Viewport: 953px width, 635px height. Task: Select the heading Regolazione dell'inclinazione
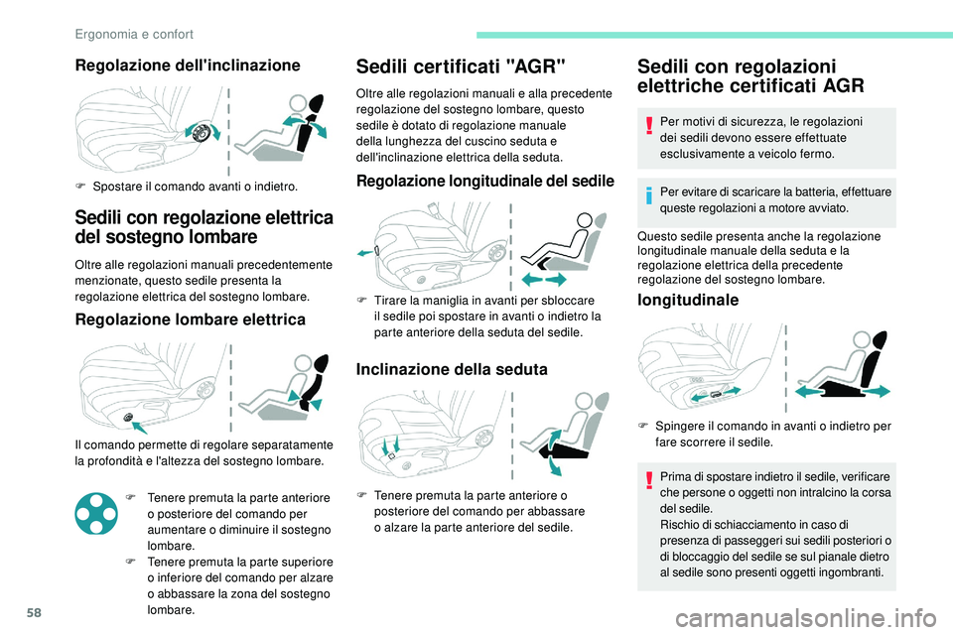coord(188,65)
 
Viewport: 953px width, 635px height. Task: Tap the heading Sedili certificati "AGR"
coord(462,67)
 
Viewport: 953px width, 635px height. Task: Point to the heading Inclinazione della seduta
coord(452,368)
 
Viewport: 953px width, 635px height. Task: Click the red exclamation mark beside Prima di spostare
coord(648,479)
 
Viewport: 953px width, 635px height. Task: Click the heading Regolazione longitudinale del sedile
coord(484,181)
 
